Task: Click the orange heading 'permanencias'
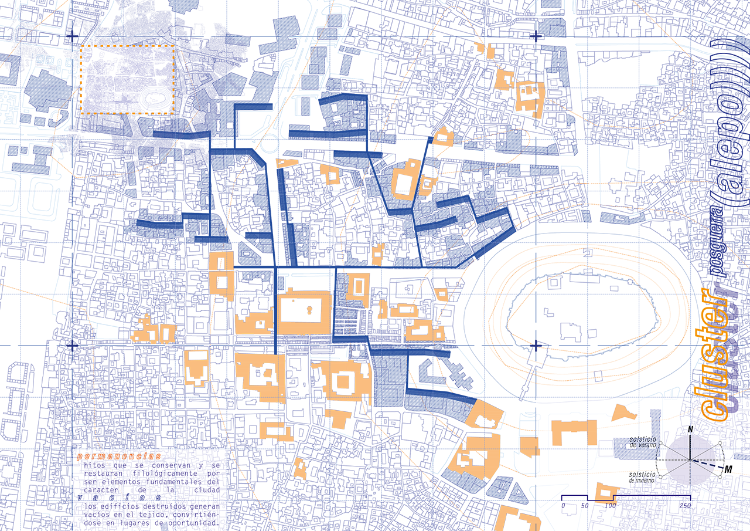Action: coord(118,456)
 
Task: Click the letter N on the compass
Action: coord(691,430)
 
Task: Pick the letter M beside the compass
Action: coord(728,469)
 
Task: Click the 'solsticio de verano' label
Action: coord(643,442)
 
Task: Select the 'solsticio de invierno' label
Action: coord(643,477)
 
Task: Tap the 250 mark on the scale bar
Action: coord(685,506)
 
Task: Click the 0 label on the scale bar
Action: coord(562,506)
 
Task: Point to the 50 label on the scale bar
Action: coord(585,506)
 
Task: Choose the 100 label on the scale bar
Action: coord(610,506)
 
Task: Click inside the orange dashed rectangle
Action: coord(128,79)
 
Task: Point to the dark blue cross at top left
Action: coord(72,36)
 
